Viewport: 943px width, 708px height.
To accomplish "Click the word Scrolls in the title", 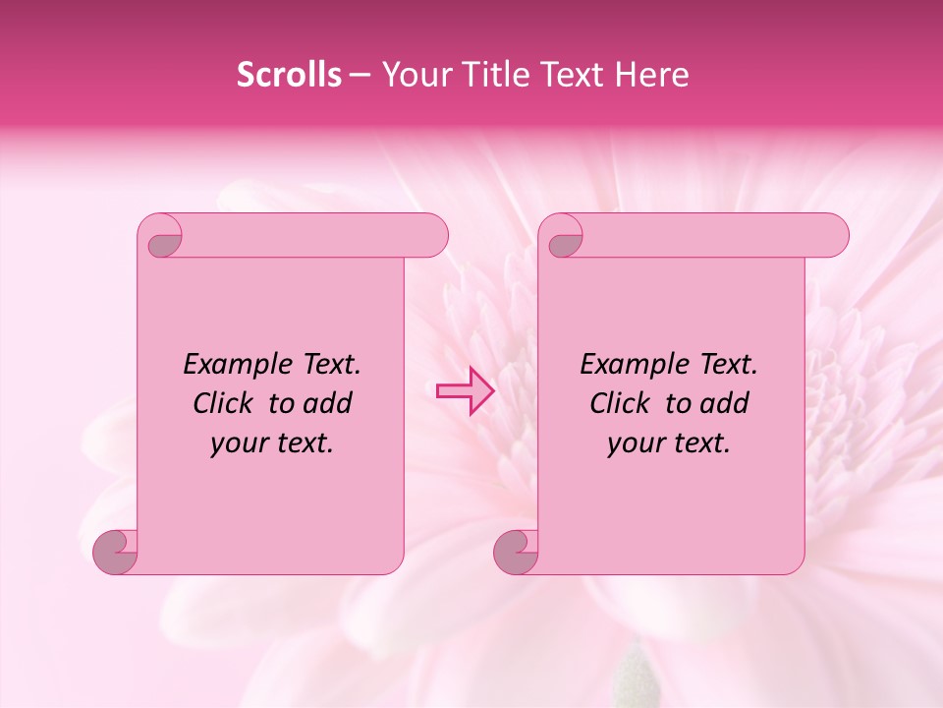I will [290, 75].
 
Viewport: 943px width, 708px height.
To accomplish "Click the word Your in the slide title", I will [414, 75].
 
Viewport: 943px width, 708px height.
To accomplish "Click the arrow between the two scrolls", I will [465, 390].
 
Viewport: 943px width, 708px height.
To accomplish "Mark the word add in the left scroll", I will [329, 403].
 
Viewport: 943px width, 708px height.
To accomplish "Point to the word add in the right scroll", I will [726, 403].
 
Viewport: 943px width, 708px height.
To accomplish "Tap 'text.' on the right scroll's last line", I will [702, 443].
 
